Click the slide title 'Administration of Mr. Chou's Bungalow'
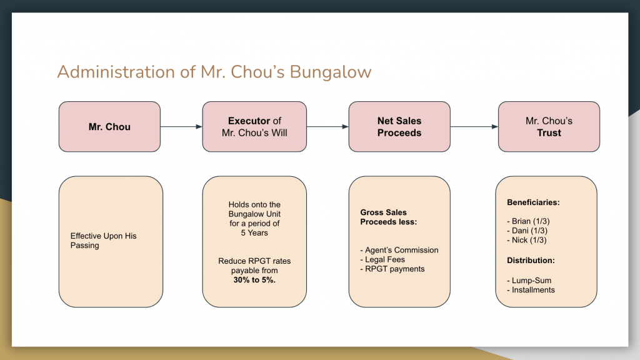(x=214, y=72)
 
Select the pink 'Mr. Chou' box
(x=109, y=126)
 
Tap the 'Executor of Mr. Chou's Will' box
(x=254, y=126)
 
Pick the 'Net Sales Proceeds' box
(x=399, y=126)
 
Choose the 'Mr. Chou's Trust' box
(x=549, y=126)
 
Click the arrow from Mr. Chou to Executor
(x=181, y=126)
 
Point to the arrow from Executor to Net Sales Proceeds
(x=327, y=126)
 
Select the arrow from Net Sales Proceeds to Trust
(x=474, y=126)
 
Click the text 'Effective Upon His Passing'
(x=103, y=241)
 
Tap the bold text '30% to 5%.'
(x=254, y=280)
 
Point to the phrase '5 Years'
(x=254, y=233)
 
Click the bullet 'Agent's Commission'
(x=399, y=250)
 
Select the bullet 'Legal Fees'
(x=382, y=259)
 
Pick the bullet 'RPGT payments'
(x=392, y=269)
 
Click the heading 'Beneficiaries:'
(x=533, y=202)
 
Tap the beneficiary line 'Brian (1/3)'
(x=528, y=221)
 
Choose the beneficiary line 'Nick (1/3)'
(x=526, y=240)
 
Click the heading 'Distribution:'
(x=531, y=261)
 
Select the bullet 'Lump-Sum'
(x=529, y=281)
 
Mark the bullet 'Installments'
(x=531, y=290)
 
